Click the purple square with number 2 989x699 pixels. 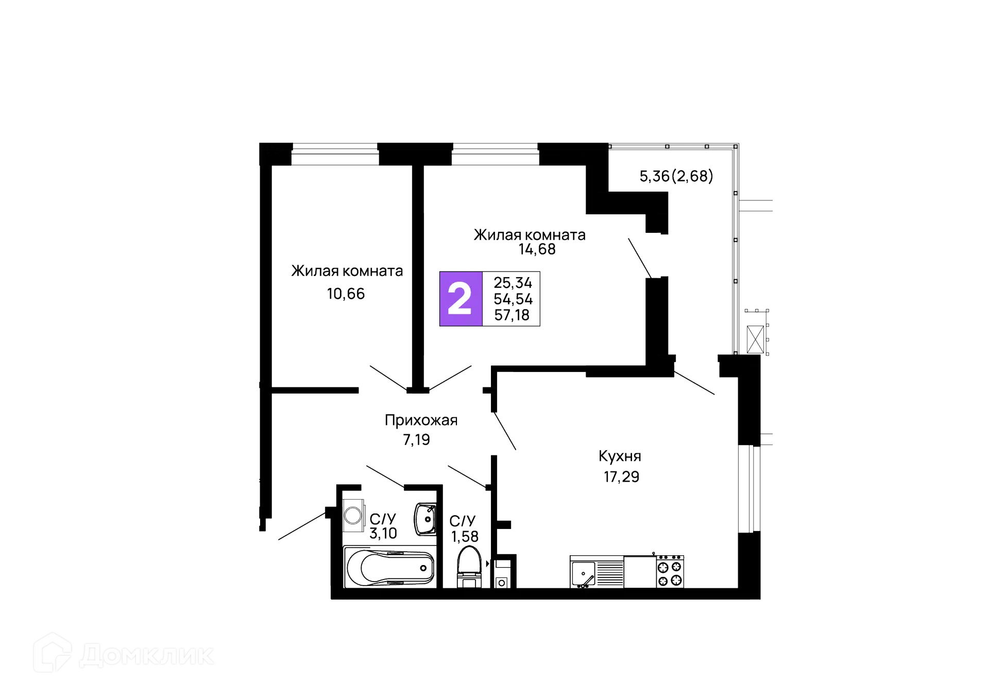point(461,299)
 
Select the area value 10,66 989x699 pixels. point(346,294)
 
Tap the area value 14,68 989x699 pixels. point(537,250)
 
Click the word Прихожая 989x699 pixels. point(421,421)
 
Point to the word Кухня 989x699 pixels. point(620,456)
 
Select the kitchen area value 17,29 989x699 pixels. point(621,477)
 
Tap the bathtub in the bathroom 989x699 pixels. point(390,567)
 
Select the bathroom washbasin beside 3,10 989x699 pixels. point(425,519)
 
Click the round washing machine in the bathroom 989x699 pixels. point(353,515)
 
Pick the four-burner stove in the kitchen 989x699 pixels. point(670,572)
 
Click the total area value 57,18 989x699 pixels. point(511,315)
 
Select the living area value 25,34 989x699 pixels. point(513,283)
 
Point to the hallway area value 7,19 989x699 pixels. point(416,440)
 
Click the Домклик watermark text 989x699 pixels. point(147,655)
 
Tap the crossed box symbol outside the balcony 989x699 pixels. point(755,339)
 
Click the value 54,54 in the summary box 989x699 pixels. point(513,299)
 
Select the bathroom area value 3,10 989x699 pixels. point(383,534)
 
